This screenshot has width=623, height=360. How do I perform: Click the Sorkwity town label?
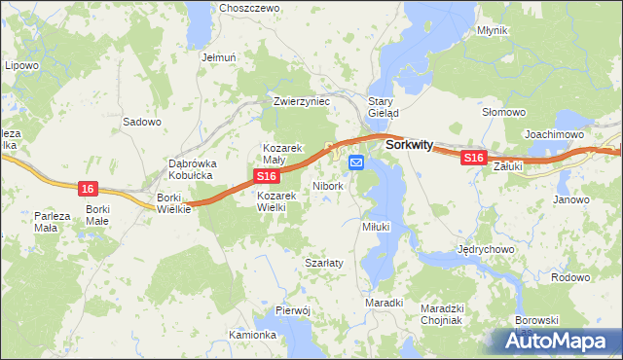click(409, 144)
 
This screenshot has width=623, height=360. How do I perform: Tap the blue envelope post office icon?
click(356, 162)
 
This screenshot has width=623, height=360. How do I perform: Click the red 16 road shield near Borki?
click(88, 188)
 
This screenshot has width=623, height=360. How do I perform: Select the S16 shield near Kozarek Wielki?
click(268, 176)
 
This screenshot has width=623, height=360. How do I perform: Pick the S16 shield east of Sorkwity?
click(473, 158)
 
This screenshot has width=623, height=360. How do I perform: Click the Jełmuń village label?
click(219, 57)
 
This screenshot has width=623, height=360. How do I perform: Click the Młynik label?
click(493, 30)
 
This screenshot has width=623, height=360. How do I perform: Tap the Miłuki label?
click(376, 226)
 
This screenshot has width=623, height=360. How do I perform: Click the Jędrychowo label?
click(486, 249)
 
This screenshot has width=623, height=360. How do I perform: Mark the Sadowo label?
click(142, 122)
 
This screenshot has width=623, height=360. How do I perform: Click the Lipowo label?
click(21, 66)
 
